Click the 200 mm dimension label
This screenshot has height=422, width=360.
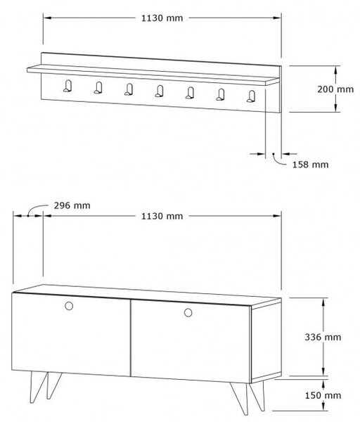coord(335,89)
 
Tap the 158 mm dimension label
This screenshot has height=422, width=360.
coord(311,165)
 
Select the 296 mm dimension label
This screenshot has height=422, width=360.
coord(72,205)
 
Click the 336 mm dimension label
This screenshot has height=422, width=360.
coord(323,337)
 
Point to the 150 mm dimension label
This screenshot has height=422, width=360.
coord(323,395)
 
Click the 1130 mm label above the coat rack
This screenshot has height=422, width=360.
coord(162,18)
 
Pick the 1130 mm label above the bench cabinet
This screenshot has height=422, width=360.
coord(162,216)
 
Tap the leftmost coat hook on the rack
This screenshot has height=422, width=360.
coord(67,86)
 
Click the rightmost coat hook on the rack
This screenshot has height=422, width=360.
coord(251,96)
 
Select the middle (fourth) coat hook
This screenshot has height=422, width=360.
coord(160,91)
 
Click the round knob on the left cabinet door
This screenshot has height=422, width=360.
coord(69,306)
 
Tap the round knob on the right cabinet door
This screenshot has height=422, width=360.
coord(188,312)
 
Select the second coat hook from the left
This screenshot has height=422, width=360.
coord(98,87)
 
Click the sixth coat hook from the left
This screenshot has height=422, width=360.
coord(220,94)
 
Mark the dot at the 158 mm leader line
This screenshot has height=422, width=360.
coord(274,154)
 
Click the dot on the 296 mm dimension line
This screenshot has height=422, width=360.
coord(28,216)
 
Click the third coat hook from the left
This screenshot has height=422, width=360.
coord(129,89)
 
